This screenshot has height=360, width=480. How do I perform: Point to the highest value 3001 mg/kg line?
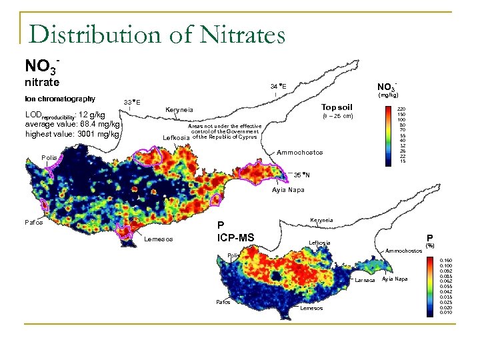pos(71,134)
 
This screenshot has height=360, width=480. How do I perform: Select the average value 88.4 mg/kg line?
pos(72,124)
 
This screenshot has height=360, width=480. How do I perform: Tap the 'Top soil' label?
pos(337,107)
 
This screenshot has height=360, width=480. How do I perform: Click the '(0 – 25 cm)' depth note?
pos(337,117)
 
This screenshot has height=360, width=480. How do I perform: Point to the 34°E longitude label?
pos(279,86)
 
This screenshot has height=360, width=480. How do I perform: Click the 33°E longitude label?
pos(132,102)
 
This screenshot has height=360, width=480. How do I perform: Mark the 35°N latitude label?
pos(302,175)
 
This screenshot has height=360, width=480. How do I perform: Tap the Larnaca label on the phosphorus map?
pos(364,280)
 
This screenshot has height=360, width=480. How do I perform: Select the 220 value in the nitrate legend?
pos(401,108)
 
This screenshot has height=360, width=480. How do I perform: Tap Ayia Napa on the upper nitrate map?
pos(287,190)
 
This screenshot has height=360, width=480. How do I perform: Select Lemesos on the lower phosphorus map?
pos(311,308)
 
